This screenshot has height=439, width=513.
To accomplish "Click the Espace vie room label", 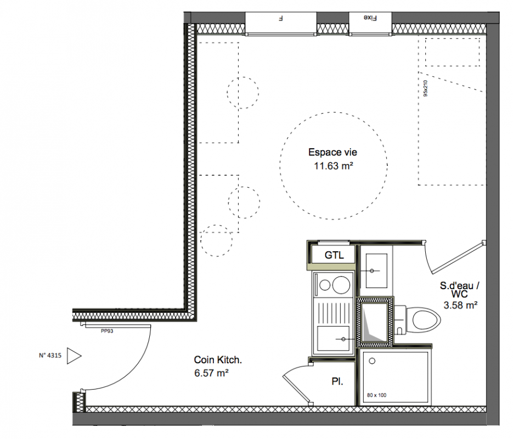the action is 332,152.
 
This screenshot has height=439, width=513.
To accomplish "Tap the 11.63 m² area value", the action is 334,166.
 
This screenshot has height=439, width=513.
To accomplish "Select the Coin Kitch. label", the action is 218,360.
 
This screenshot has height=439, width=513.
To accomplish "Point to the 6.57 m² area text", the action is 211,373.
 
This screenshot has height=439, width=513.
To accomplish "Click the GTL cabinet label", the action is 334,255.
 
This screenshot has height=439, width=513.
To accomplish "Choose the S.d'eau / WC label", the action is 460,290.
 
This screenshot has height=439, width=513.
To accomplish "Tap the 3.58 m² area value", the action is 460,305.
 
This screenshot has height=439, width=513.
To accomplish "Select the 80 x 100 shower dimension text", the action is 376,395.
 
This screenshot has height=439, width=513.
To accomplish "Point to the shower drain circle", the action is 372,361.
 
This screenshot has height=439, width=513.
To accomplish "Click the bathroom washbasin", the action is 376,271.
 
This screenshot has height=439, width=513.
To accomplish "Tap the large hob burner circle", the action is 341,284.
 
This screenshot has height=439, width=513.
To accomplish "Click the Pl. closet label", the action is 337,381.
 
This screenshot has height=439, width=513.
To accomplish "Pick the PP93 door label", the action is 107,331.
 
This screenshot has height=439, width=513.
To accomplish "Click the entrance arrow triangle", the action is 74,356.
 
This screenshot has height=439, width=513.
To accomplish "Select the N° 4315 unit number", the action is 50,356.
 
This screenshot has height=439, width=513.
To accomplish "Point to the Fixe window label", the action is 370,18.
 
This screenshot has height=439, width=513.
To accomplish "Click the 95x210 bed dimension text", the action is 425,89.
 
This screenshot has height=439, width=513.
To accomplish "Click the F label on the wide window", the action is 280,18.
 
